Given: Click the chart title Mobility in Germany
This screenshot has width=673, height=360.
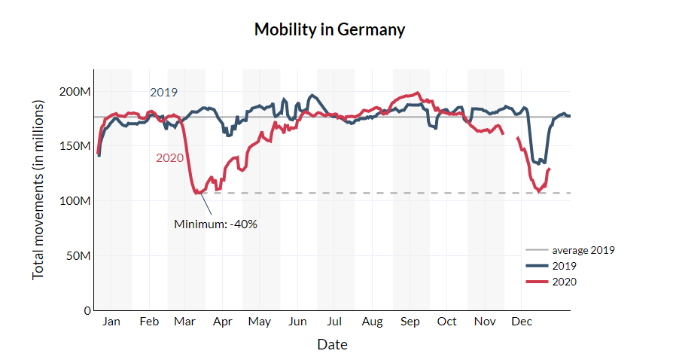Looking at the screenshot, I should [x=330, y=30].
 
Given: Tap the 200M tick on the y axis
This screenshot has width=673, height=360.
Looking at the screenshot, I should [x=75, y=92].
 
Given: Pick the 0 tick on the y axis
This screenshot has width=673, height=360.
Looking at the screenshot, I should [x=87, y=310].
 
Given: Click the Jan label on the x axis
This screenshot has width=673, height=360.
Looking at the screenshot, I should [x=111, y=322].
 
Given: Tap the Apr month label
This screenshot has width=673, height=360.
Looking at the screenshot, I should [x=222, y=322].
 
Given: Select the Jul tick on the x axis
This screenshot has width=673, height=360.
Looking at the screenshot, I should [x=334, y=322].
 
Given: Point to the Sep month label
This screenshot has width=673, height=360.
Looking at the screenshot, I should [x=410, y=322].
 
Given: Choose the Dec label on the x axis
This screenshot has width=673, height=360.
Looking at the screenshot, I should [x=522, y=322].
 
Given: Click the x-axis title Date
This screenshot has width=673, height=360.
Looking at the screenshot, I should [x=332, y=345].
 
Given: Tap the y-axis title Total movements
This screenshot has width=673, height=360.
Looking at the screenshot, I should [x=38, y=189].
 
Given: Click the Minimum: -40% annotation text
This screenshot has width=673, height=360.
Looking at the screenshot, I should [x=216, y=224].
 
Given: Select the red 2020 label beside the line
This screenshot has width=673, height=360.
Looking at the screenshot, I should [x=170, y=158].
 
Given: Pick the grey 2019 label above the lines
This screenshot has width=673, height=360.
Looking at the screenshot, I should [x=163, y=93].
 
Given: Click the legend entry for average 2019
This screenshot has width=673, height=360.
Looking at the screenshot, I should [x=583, y=250].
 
